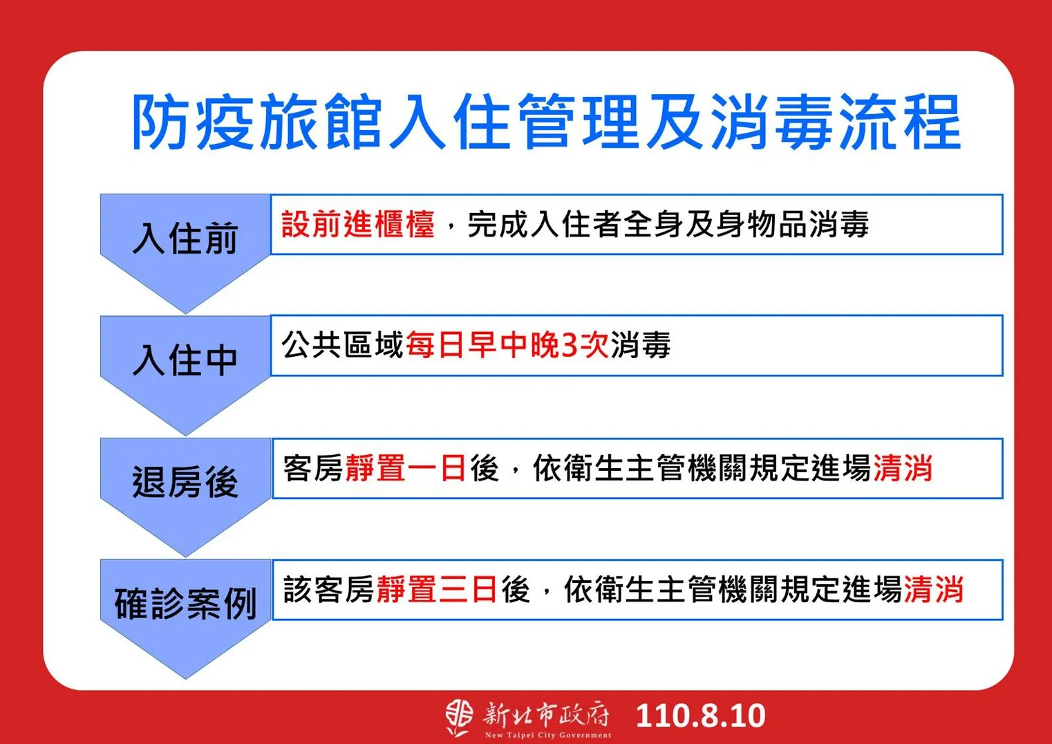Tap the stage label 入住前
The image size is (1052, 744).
[185, 239]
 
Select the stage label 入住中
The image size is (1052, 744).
[185, 360]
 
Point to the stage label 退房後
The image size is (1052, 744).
[185, 481]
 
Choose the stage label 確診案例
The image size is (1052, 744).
[185, 603]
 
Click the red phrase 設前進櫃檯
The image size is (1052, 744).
[358, 224]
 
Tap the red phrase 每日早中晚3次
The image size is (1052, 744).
[507, 345]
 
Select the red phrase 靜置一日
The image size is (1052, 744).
[406, 468]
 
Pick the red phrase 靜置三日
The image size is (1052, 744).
[437, 590]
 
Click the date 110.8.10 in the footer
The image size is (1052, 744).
[701, 716]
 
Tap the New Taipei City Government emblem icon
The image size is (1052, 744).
[459, 718]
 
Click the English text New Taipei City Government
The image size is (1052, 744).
[548, 735]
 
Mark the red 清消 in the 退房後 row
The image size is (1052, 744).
[903, 468]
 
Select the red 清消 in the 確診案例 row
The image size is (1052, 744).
[934, 590]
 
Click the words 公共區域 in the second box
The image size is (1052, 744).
[343, 345]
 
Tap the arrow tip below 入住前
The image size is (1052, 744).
[185, 313]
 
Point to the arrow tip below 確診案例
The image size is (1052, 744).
[185, 678]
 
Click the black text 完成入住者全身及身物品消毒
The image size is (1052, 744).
[668, 224]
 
